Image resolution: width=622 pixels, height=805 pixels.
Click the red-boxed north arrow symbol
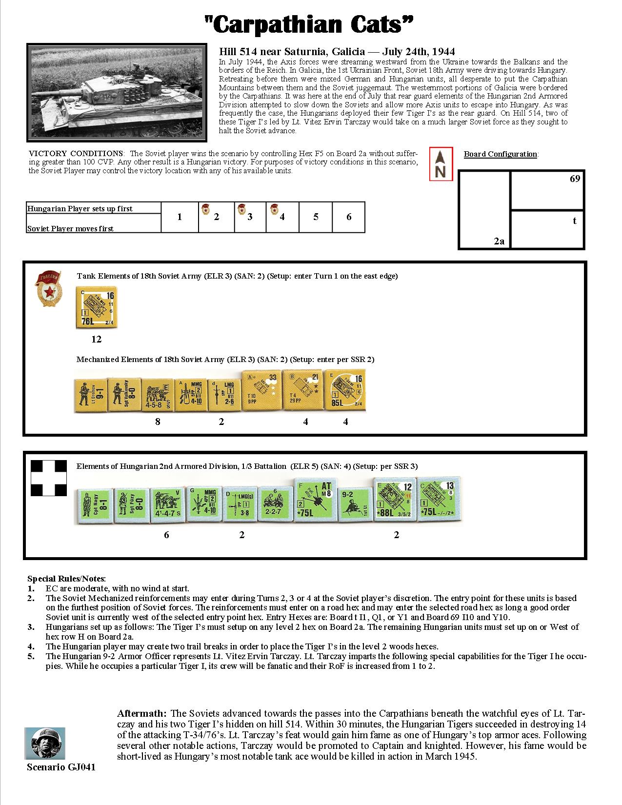(x=441, y=164)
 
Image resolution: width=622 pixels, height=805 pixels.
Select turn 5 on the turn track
(x=316, y=217)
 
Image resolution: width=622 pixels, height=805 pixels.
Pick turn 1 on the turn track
(x=180, y=217)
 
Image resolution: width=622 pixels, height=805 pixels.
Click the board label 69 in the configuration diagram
(x=575, y=179)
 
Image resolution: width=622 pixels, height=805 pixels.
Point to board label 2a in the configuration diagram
(x=499, y=241)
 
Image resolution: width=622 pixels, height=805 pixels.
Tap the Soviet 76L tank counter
(x=97, y=307)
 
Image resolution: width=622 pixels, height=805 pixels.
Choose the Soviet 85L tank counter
(x=345, y=391)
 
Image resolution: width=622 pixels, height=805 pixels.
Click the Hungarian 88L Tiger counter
(x=395, y=500)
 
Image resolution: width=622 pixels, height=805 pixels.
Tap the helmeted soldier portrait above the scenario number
(x=45, y=743)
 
